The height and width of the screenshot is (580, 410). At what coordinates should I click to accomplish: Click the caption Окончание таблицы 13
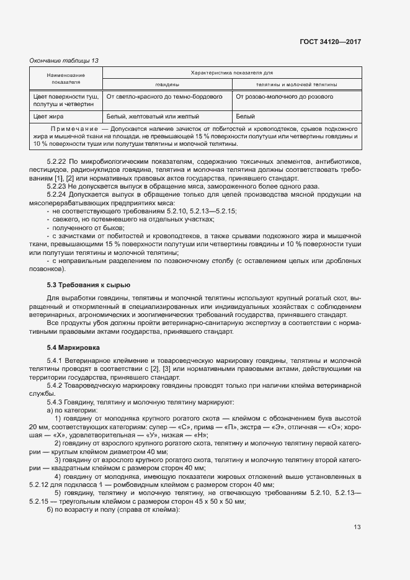pyautogui.click(x=64, y=60)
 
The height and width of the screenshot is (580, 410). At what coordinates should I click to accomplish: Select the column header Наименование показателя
pyautogui.click(x=65, y=78)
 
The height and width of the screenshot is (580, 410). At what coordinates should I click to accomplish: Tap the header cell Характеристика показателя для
pyautogui.click(x=232, y=73)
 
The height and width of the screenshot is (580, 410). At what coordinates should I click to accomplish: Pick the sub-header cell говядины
pyautogui.click(x=167, y=84)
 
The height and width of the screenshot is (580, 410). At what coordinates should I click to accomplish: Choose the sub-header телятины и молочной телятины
pyautogui.click(x=296, y=84)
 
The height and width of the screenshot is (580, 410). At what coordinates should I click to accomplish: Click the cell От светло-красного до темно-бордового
pyautogui.click(x=164, y=97)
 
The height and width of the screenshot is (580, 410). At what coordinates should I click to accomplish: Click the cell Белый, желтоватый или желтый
pyautogui.click(x=153, y=115)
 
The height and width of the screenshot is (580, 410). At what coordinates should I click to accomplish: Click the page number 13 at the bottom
pyautogui.click(x=357, y=527)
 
